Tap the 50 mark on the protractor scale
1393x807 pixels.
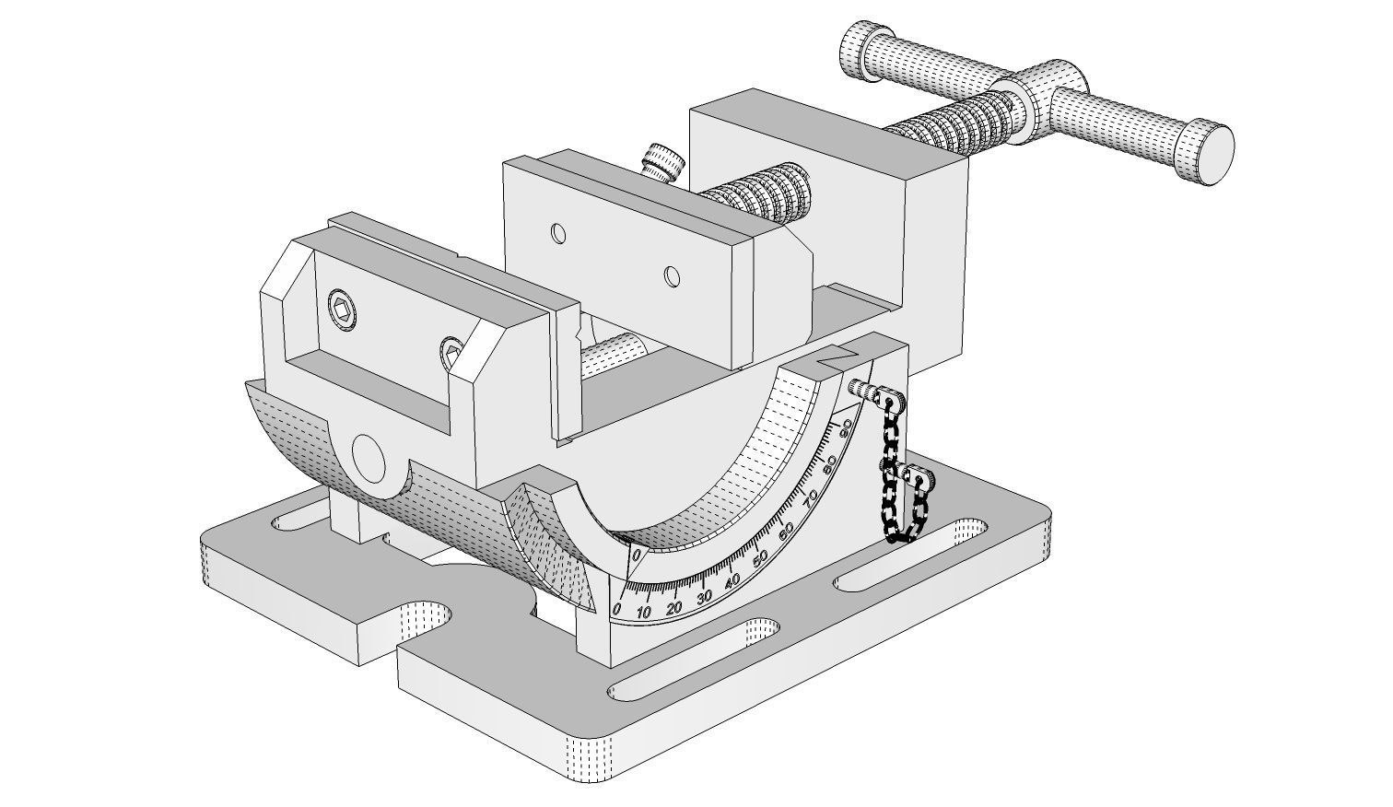(x=761, y=558)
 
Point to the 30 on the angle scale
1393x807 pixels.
(x=705, y=596)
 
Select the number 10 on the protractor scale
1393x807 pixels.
(x=644, y=613)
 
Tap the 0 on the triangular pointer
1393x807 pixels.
(x=636, y=556)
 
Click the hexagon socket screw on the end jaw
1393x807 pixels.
(x=342, y=309)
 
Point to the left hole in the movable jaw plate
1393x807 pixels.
(x=558, y=233)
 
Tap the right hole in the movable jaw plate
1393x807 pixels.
(x=673, y=275)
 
